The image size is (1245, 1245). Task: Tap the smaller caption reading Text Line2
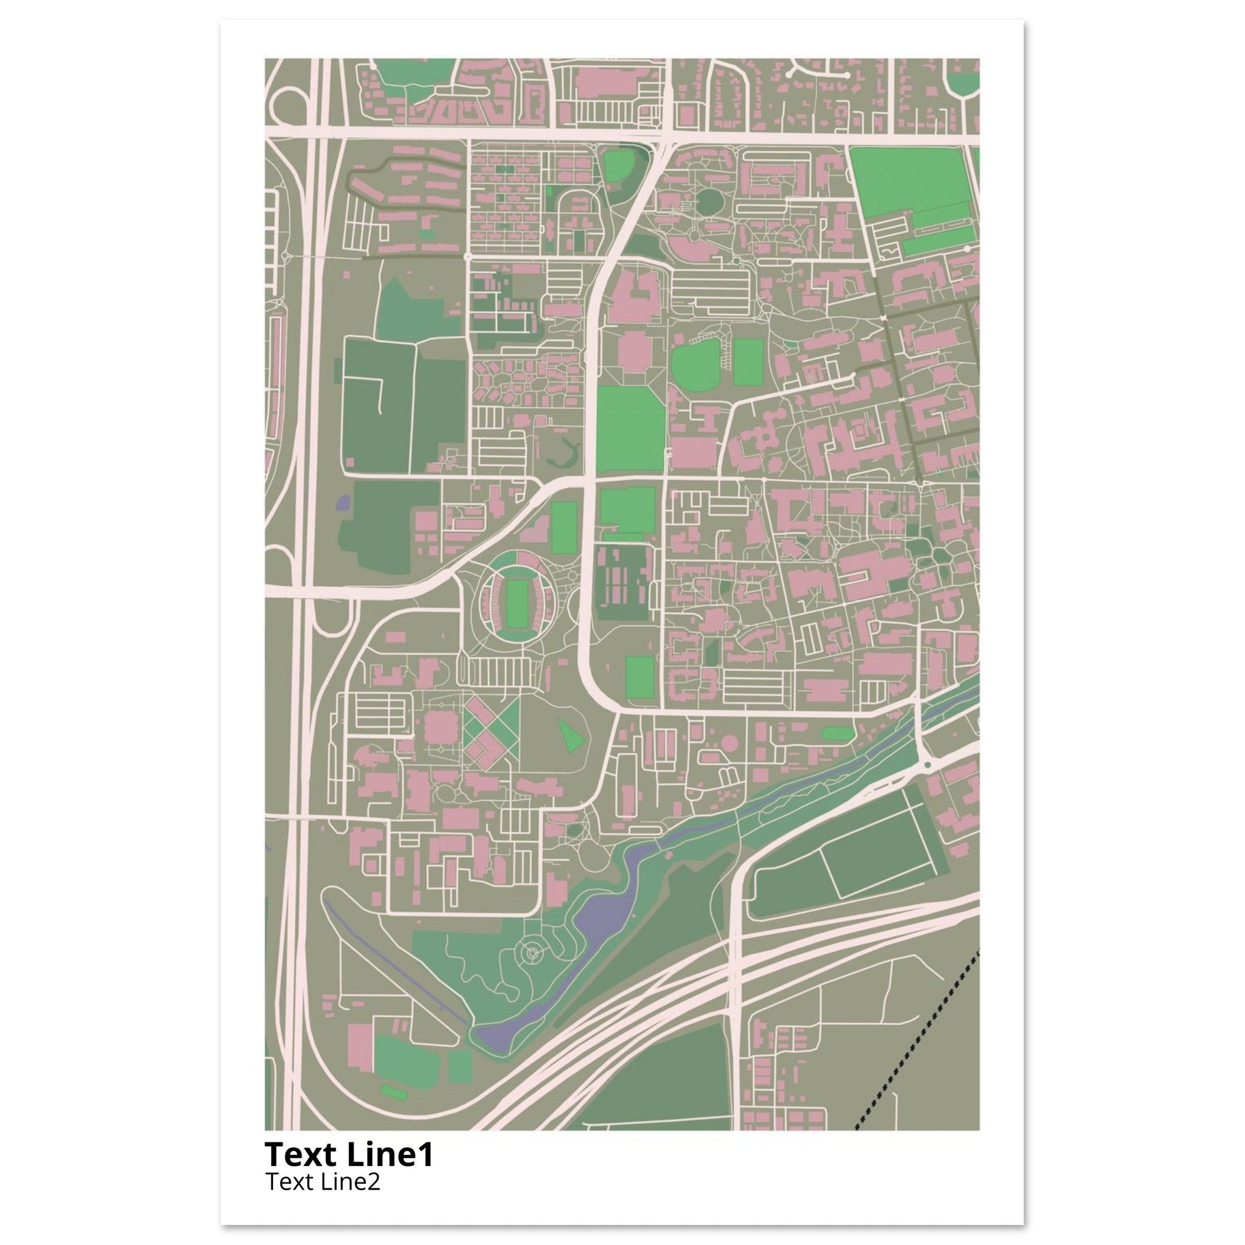(322, 1182)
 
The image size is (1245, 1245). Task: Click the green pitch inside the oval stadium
(516, 603)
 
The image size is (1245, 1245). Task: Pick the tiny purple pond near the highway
(343, 502)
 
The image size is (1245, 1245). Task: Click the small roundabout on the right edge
(928, 765)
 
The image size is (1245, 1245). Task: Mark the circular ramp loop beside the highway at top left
(290, 106)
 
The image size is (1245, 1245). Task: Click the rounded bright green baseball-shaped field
(696, 364)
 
